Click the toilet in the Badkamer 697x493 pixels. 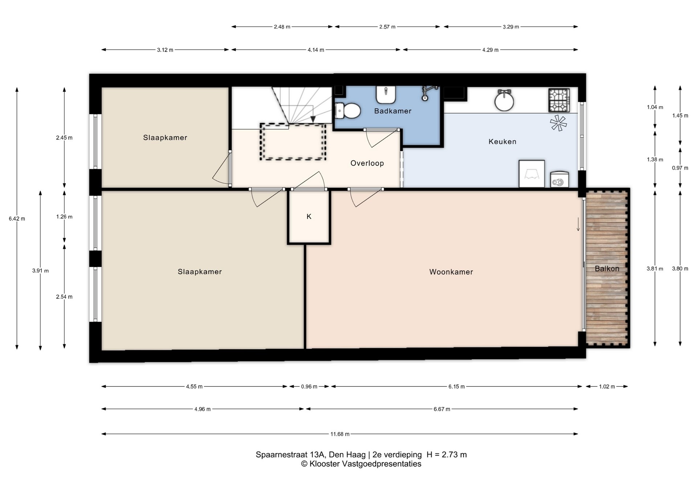click(347, 111)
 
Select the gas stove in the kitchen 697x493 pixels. click(559, 100)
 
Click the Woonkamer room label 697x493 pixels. click(451, 272)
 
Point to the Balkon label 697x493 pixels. click(607, 269)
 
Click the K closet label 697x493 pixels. click(309, 216)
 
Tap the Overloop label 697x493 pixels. click(367, 163)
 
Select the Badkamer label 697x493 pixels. click(393, 111)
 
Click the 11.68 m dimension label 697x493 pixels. click(340, 434)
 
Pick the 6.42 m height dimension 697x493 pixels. click(17, 219)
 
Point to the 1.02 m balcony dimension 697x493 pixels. click(607, 386)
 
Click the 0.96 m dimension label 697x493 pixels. click(309, 386)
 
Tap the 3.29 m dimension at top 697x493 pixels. click(511, 27)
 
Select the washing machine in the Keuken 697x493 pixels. click(559, 179)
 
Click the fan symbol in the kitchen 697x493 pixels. click(558, 123)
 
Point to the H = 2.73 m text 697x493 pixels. click(447, 455)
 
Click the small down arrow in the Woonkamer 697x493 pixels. click(578, 224)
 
